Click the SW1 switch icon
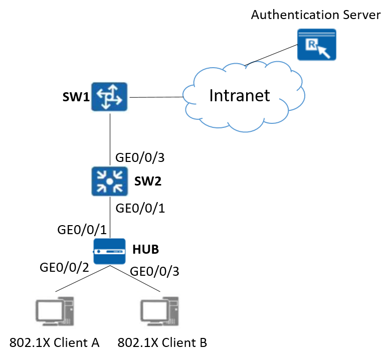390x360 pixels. tap(109, 96)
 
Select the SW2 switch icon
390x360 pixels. tap(109, 181)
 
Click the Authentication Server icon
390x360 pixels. tap(317, 45)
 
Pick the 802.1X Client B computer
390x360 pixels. tap(160, 311)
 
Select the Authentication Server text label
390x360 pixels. tap(315, 15)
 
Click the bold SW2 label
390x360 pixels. tap(148, 182)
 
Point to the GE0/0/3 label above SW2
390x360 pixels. tap(140, 157)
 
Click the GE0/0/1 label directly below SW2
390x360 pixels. tap(140, 207)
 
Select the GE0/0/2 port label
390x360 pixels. tap(64, 267)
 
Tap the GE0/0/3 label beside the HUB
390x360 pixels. tap(154, 271)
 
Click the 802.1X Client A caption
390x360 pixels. tap(55, 343)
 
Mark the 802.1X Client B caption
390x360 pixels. tap(162, 343)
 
